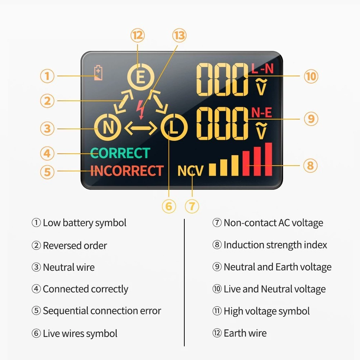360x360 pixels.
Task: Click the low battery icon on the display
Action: click(98, 73)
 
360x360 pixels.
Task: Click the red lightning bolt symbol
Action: click(140, 110)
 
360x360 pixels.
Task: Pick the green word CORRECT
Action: click(120, 153)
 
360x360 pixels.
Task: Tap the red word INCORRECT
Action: click(127, 171)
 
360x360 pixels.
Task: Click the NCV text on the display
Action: click(190, 171)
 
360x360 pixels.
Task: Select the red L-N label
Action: click(262, 69)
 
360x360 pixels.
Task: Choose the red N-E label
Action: click(261, 112)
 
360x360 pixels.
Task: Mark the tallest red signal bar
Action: click(269, 159)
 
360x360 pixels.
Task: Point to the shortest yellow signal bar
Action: click(212, 170)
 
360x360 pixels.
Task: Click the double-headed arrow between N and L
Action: click(141, 128)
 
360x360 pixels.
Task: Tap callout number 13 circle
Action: click(179, 36)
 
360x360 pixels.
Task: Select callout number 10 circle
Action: click(311, 76)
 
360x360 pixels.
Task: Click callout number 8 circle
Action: click(310, 165)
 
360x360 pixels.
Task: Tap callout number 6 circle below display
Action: click(169, 206)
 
